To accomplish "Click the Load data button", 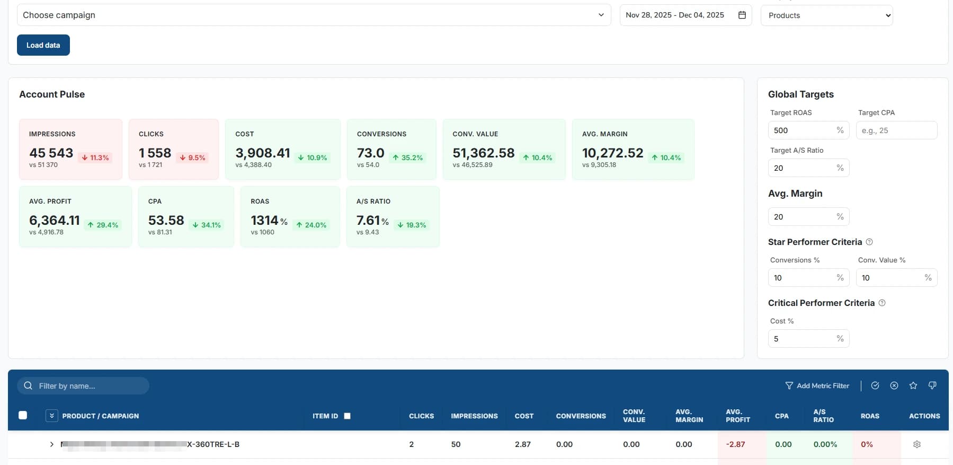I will point(43,45).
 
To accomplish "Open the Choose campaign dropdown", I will point(314,15).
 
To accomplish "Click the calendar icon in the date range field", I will point(742,15).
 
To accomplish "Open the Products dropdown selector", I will point(826,15).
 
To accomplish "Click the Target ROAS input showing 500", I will point(803,130).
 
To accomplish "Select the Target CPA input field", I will point(896,130).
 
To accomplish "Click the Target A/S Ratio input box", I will point(803,168).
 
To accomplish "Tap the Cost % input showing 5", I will point(803,339).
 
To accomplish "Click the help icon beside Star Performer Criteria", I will point(869,242).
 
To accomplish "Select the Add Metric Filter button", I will point(817,386).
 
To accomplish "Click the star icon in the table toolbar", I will point(913,385).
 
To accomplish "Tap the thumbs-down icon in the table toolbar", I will point(932,385).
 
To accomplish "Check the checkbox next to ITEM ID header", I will point(348,416).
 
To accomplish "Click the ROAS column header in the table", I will point(870,416).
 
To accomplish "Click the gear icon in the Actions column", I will point(917,444).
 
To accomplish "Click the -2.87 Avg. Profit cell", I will point(735,444).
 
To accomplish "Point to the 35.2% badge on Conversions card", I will point(408,157).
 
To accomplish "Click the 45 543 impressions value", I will point(51,153).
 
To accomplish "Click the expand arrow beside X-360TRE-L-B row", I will point(51,444).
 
